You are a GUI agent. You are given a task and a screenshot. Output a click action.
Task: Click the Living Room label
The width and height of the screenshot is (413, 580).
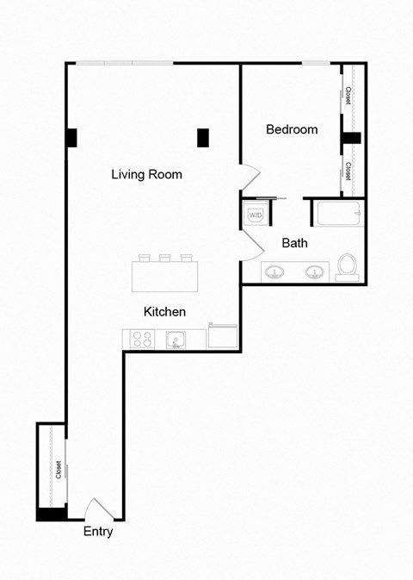click(x=146, y=174)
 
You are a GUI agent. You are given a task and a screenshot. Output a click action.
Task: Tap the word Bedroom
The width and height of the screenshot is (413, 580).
click(x=292, y=130)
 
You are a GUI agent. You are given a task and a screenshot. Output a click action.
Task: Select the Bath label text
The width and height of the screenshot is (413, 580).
click(x=294, y=243)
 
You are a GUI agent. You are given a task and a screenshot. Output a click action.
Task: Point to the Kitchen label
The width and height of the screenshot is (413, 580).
click(x=164, y=311)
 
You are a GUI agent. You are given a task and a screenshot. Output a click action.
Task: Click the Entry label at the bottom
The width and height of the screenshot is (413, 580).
click(x=98, y=532)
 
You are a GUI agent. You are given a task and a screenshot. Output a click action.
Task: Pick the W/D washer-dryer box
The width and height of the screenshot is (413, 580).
click(x=256, y=215)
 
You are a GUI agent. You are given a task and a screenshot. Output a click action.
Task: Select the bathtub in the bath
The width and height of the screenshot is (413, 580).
click(x=339, y=214)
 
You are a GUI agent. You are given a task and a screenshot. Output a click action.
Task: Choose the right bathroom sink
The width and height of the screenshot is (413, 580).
click(x=315, y=272)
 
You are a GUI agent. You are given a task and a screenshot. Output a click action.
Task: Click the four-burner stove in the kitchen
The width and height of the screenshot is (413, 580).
click(x=142, y=340)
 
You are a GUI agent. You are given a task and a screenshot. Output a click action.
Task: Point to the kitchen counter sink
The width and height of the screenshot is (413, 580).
click(x=175, y=340)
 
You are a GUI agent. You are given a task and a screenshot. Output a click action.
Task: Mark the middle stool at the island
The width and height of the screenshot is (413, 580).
click(x=165, y=257)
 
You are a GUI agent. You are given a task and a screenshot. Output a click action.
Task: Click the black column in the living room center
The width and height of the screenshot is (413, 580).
click(x=203, y=137)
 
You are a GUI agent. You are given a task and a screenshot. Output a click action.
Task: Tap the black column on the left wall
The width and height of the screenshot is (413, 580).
click(x=71, y=137)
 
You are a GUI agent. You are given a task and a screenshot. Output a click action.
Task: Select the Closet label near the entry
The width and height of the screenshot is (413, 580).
click(x=59, y=470)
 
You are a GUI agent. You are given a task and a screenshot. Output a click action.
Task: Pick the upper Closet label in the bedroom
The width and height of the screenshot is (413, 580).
click(x=348, y=97)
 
